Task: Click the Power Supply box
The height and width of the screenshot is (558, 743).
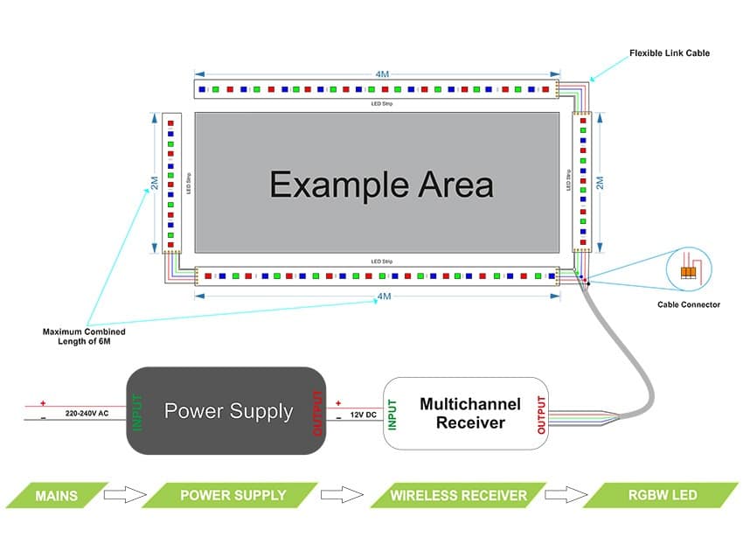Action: [x=227, y=411]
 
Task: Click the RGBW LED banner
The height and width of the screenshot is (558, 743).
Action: [x=661, y=495]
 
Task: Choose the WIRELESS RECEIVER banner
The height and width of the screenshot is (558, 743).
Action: [x=458, y=495]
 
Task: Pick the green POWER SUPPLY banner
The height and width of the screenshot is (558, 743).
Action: [x=233, y=495]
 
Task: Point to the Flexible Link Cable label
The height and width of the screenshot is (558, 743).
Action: [x=669, y=53]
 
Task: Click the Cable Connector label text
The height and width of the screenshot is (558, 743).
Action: [x=689, y=305]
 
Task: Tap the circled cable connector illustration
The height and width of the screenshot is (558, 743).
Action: [x=689, y=269]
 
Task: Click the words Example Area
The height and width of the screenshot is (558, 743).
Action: [x=381, y=185]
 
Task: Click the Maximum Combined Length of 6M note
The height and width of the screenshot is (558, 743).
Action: [x=84, y=337]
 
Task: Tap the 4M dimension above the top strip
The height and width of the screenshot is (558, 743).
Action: [x=382, y=74]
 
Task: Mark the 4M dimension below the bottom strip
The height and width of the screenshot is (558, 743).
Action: [x=384, y=296]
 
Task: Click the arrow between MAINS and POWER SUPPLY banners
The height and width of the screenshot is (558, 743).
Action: [x=122, y=495]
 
